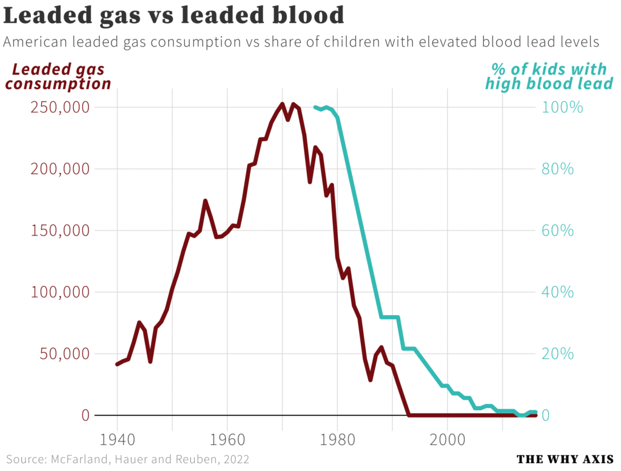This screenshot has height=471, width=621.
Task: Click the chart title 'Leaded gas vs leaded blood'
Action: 173,15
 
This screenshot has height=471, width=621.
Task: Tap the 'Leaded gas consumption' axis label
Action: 58,76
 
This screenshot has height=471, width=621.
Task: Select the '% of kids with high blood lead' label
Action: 549,76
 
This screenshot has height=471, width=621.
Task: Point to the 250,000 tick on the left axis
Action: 59,107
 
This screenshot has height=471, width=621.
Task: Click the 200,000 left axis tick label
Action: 59,169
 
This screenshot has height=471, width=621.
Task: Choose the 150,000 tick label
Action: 59,231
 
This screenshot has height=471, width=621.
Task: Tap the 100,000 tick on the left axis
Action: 59,293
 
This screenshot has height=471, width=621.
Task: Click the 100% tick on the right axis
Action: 562,107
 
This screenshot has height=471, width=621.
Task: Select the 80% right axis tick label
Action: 558,169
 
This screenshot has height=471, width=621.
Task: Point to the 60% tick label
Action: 558,231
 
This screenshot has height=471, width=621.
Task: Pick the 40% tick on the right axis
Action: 558,293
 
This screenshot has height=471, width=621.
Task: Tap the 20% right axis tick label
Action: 558,354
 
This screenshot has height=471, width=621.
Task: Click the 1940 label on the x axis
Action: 117,439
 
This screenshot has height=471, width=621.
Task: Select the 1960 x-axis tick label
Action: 227,439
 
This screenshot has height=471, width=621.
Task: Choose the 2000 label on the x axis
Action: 448,439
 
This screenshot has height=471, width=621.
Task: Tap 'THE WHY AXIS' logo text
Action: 565,459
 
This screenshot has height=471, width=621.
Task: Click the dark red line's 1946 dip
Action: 150,361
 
